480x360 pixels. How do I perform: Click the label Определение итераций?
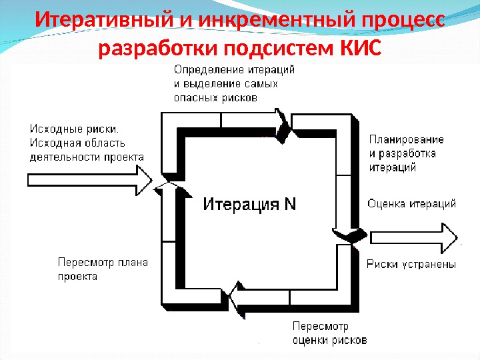tap(234, 70)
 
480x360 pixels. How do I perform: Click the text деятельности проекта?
tap(87, 157)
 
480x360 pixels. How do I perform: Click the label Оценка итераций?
tap(411, 204)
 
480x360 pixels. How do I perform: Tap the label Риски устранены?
tap(411, 265)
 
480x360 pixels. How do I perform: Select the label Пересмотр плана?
tap(103, 262)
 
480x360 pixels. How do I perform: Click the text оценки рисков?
tap(329, 340)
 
